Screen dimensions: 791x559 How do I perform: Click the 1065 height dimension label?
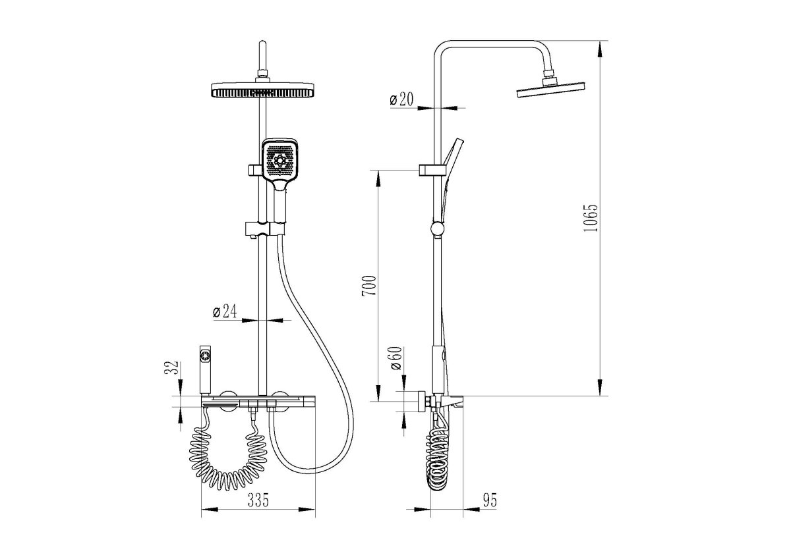pyautogui.click(x=591, y=218)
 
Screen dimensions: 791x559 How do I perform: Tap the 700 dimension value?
pyautogui.click(x=369, y=286)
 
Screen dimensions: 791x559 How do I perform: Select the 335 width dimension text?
pyautogui.click(x=258, y=500)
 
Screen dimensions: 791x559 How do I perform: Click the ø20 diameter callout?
pyautogui.click(x=401, y=99)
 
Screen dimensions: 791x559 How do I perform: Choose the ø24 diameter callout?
pyautogui.click(x=225, y=311)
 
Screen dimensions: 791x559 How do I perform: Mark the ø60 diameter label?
pyautogui.click(x=397, y=358)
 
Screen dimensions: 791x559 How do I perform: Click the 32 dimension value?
pyautogui.click(x=172, y=368)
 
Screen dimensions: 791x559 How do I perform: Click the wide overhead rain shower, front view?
pyautogui.click(x=262, y=90)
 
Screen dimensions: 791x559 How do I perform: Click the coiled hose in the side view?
pyautogui.click(x=438, y=460)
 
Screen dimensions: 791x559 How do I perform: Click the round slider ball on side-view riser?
pyautogui.click(x=437, y=228)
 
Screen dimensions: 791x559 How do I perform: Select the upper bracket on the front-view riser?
pyautogui.click(x=255, y=170)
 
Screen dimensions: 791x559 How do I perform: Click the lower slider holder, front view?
pyautogui.click(x=265, y=228)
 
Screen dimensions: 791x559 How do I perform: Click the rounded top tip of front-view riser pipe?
pyautogui.click(x=262, y=43)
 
